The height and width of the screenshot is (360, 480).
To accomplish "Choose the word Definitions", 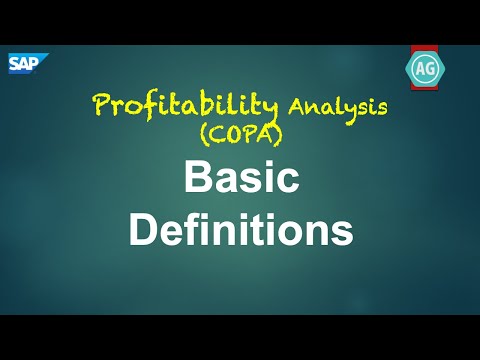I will (241, 231).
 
